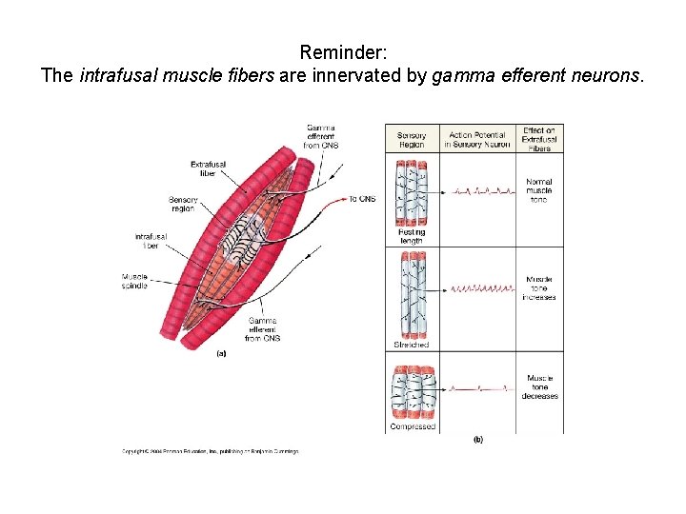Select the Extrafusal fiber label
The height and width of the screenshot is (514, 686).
pos(208,168)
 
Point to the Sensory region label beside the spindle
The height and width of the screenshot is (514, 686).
pos(183,204)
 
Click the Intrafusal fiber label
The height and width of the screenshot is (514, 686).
pos(151,240)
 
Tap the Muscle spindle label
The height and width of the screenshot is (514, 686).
pos(134,281)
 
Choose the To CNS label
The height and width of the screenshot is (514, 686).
pos(362,199)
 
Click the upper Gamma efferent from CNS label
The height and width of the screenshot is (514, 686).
pos(320,136)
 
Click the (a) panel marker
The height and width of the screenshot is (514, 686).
pos(221,353)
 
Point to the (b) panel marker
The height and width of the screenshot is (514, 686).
pos(478,439)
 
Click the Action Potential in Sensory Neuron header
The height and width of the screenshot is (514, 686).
pos(476,140)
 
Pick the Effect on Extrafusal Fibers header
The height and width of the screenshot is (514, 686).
pos(539,139)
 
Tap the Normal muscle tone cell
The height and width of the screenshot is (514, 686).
pos(539,190)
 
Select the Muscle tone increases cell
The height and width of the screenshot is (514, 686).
pos(539,288)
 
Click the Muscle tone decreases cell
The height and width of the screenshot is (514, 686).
pos(539,387)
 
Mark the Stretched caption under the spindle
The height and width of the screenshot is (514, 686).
pos(411,345)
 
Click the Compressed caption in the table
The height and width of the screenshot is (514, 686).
pos(412,426)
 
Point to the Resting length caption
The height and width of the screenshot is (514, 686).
pos(411,236)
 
